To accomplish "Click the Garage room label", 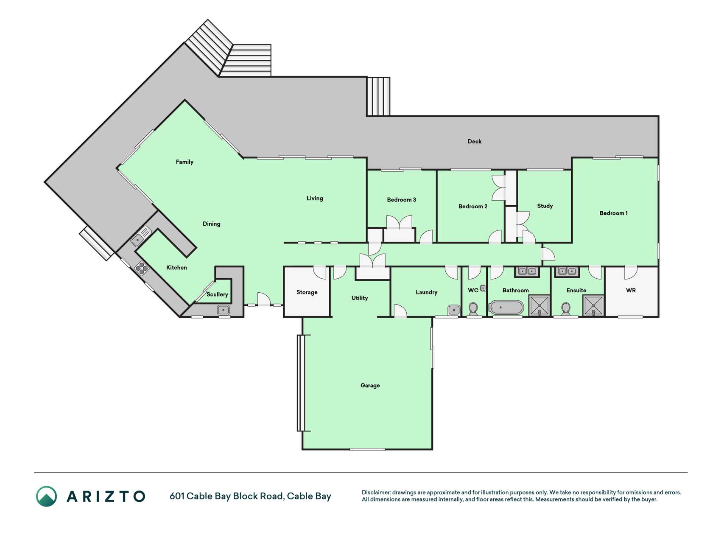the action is point(370,386).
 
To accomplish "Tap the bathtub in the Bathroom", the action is point(506,307).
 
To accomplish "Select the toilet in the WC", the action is point(473,309).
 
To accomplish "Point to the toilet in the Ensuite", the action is point(566,309).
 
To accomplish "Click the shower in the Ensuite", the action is point(593,305).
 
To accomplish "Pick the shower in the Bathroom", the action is point(540,305).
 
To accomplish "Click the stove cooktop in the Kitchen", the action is point(141,268).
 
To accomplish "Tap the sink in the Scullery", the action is point(223,310).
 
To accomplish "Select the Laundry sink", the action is point(454,310).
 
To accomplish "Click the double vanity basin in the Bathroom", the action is point(527,271).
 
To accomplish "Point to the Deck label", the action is point(474,141).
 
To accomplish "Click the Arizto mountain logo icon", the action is point(46,496).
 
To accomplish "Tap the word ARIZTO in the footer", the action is point(106,496).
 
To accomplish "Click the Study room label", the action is point(545,206).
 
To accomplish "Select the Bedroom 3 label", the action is point(401,199).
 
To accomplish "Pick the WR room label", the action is point(631,290).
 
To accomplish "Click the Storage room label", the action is point(307,292).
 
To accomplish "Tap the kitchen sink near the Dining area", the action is point(141,237).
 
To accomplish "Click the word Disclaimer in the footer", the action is point(376,493).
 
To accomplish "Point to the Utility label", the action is point(359,298).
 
